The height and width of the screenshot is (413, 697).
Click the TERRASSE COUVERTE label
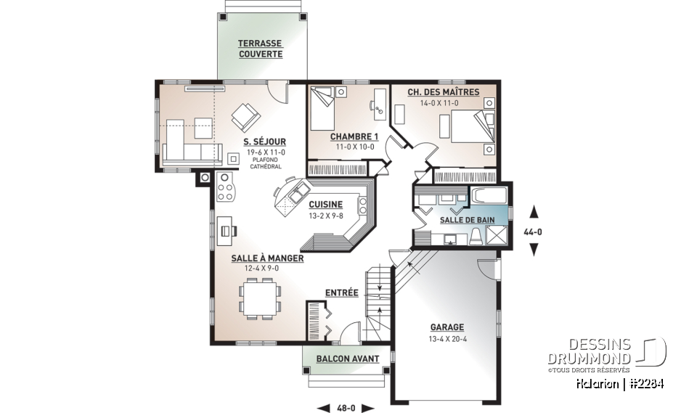(261, 49)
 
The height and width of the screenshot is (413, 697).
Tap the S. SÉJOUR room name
(264, 142)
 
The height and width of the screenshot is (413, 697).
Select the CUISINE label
(326, 205)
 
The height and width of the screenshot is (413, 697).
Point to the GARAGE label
(447, 327)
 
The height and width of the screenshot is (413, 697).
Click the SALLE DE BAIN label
(467, 220)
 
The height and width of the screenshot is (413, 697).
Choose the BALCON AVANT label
(348, 359)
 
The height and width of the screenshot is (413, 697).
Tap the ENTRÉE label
(341, 293)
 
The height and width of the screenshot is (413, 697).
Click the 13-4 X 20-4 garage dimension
(447, 339)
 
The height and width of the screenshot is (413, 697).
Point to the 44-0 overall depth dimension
(533, 232)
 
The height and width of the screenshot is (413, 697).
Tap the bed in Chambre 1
(322, 108)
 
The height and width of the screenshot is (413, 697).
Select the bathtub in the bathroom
(488, 195)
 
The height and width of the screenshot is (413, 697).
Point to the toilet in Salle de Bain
(475, 236)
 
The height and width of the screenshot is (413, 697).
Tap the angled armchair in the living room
(245, 118)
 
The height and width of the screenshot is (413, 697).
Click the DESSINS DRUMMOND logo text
(589, 351)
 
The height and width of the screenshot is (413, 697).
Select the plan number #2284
(648, 384)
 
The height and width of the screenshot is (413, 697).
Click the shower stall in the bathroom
(496, 235)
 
